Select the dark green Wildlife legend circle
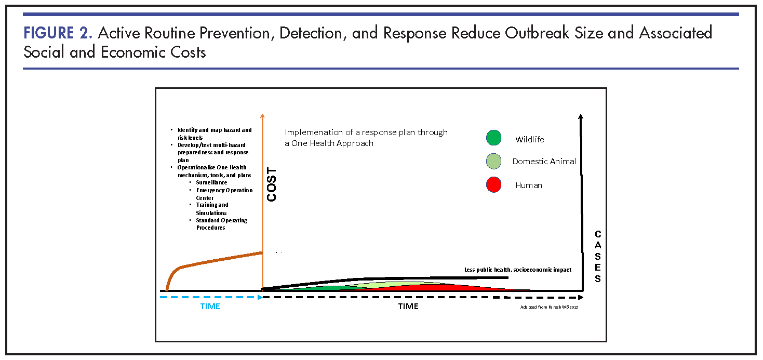[493, 138]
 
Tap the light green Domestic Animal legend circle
[493, 161]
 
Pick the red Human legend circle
[493, 184]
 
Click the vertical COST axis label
[272, 185]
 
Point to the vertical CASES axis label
[598, 257]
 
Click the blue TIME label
[210, 306]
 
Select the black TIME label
[408, 306]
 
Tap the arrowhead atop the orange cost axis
[263, 116]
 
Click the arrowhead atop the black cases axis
[581, 116]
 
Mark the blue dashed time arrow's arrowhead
[260, 297]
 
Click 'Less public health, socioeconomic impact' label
[517, 270]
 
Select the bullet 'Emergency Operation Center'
[224, 194]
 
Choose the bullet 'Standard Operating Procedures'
[221, 224]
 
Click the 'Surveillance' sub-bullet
[211, 182]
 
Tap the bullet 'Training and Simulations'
[212, 209]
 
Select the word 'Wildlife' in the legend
[530, 139]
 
